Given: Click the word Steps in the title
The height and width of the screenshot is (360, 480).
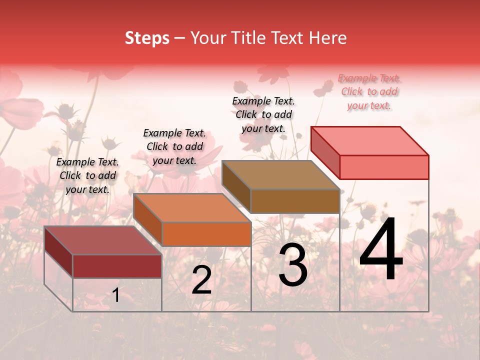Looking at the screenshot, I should pyautogui.click(x=147, y=38).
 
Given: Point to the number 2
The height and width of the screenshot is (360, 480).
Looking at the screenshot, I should pyautogui.click(x=201, y=280).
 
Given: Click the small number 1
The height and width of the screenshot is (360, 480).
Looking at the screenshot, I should pyautogui.click(x=116, y=295).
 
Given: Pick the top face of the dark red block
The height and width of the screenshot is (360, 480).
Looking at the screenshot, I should pyautogui.click(x=102, y=240).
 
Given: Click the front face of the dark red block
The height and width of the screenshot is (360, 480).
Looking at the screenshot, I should pyautogui.click(x=117, y=266).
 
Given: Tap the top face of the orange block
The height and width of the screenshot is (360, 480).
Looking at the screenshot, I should pyautogui.click(x=192, y=208).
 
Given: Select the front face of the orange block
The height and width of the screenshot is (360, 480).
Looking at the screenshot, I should pyautogui.click(x=206, y=234).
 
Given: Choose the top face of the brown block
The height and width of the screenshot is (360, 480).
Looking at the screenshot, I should pyautogui.click(x=280, y=175).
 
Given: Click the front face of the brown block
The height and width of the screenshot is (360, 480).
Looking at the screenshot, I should pyautogui.click(x=295, y=201).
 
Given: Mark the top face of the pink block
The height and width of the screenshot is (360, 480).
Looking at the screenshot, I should pyautogui.click(x=369, y=141).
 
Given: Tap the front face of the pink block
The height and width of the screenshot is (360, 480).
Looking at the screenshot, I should pyautogui.click(x=384, y=167).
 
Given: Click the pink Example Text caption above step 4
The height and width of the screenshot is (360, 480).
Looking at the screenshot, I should pyautogui.click(x=369, y=91).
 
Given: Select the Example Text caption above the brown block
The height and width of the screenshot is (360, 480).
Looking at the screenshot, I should pyautogui.click(x=263, y=114).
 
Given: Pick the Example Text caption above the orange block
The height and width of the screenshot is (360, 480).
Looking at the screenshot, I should pyautogui.click(x=174, y=146).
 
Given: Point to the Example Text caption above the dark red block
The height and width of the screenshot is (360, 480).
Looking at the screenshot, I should pyautogui.click(x=87, y=175).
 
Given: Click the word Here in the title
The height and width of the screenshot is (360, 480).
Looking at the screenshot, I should pyautogui.click(x=328, y=38).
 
